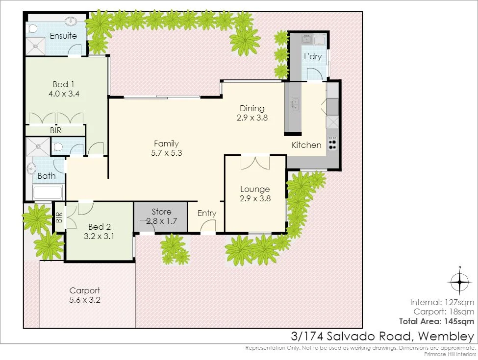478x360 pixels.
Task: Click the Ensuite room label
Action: coord(63,36)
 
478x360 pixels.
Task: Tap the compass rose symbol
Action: coord(460,282)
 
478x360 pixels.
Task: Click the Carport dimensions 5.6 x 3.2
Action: coord(85,300)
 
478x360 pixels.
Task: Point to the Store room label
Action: coord(161,212)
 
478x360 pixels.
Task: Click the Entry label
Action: coord(207,213)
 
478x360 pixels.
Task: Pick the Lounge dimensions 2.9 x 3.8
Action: coord(255,198)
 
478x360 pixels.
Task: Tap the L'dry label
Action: coord(313,57)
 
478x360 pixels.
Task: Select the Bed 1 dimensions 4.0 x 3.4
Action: coord(65,93)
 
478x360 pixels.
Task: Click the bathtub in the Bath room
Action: coord(48,192)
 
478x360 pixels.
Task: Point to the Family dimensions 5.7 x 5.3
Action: coord(166,152)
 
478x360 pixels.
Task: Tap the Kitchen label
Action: coord(306,145)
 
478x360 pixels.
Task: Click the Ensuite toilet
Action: coord(32,29)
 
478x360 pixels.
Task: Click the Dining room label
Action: coord(252,108)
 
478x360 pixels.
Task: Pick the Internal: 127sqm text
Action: coord(442,302)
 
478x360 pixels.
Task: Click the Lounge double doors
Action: coord(255,162)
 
